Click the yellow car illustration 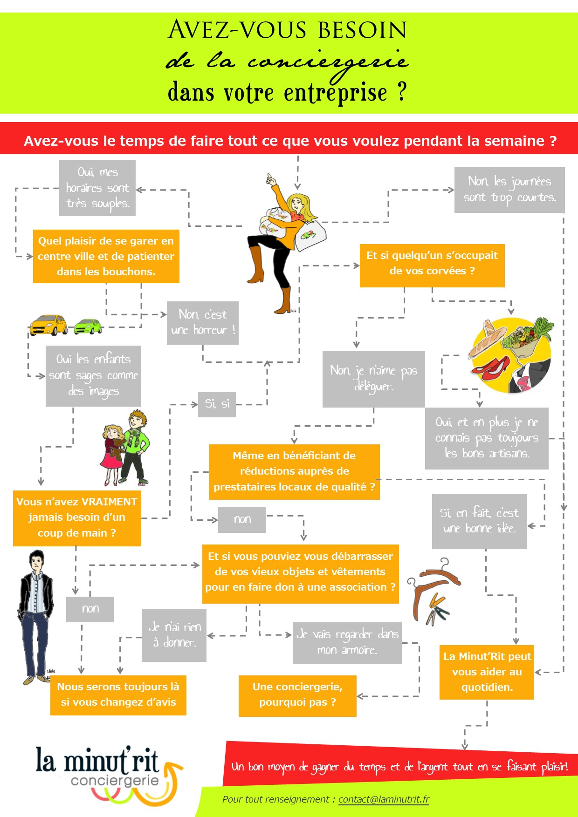click(x=48, y=325)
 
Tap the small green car click(x=88, y=326)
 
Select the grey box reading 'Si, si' click(x=217, y=404)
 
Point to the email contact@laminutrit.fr click(x=384, y=799)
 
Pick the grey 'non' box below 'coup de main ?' click(x=90, y=609)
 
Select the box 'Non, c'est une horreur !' click(x=203, y=323)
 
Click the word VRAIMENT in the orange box click(x=109, y=502)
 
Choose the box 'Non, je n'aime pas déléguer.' click(x=373, y=379)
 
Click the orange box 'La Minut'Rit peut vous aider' click(x=487, y=672)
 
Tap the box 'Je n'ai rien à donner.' click(x=174, y=635)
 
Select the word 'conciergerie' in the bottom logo click(x=115, y=780)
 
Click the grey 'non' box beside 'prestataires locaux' click(x=242, y=519)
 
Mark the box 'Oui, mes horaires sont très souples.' click(x=97, y=188)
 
